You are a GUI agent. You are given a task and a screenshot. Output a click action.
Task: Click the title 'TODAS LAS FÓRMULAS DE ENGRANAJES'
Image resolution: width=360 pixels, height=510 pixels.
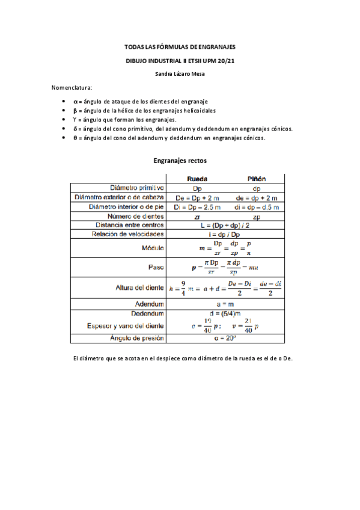(180, 46)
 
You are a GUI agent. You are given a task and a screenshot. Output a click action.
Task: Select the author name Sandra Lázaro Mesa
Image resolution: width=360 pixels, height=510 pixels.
(180, 74)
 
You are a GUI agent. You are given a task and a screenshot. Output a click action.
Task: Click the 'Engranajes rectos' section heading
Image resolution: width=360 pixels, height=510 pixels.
(180, 161)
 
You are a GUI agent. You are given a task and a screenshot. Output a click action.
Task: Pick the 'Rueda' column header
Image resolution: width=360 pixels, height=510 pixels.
(198, 179)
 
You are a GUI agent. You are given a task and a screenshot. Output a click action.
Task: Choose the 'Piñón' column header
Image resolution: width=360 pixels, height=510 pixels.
(257, 179)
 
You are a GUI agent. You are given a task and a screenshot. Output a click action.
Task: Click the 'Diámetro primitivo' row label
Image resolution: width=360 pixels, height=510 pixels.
(135, 188)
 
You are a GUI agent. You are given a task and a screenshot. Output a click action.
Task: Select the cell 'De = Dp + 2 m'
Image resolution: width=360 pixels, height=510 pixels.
(198, 197)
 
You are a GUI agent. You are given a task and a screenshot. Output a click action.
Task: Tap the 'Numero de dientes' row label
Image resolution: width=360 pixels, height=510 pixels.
(136, 216)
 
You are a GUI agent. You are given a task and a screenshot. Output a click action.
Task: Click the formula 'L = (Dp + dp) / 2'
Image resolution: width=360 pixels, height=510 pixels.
(227, 225)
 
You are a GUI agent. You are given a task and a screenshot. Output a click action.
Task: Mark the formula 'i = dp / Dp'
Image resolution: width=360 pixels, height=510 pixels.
(227, 234)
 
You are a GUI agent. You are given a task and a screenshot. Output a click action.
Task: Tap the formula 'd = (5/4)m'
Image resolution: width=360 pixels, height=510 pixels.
(227, 313)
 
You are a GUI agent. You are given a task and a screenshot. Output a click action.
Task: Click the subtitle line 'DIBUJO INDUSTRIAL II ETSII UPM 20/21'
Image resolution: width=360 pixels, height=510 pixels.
(180, 61)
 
